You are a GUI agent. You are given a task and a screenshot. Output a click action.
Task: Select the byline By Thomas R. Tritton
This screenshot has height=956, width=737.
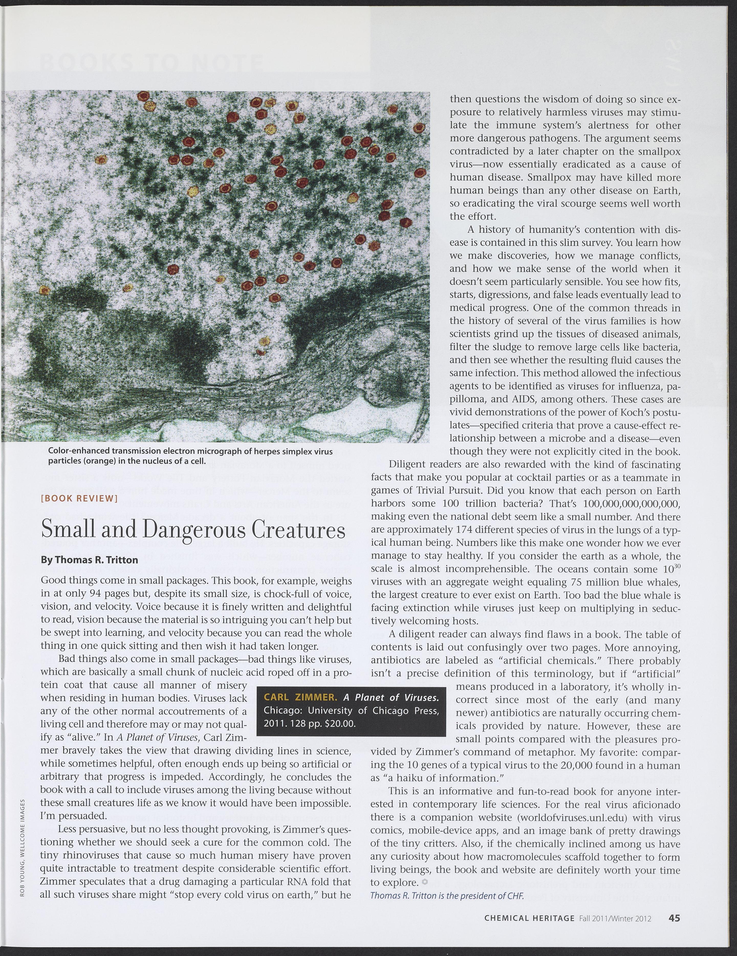click(89, 560)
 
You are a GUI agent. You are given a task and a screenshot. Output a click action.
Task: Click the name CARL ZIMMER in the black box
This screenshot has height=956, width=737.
click(300, 697)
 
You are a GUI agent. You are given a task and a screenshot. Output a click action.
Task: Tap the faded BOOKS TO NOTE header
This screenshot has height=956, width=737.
click(151, 63)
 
